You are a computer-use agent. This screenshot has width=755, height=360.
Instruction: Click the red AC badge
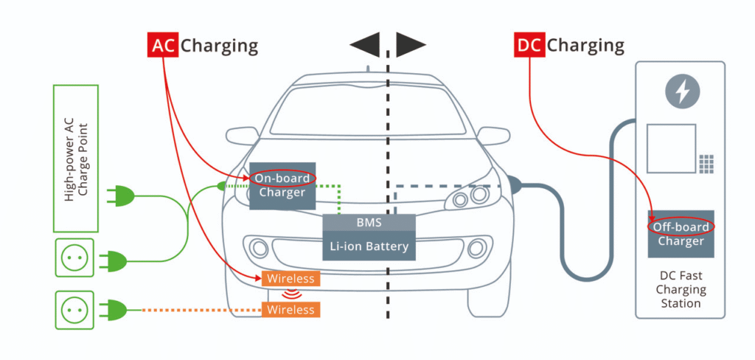point(163,45)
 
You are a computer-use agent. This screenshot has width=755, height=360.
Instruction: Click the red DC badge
point(529,45)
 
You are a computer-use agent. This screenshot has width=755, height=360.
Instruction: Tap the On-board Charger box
point(282,186)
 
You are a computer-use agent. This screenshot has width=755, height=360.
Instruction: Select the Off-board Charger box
point(681,234)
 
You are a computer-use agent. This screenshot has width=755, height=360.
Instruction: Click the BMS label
point(369,223)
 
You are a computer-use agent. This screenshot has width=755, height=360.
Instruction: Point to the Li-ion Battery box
point(369,246)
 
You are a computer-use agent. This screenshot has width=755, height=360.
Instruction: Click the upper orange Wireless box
point(290,279)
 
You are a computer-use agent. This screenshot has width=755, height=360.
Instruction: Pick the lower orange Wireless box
point(290,309)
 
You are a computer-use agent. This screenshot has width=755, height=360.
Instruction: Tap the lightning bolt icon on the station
point(682,91)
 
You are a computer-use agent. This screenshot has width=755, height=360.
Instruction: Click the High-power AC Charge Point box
point(76,159)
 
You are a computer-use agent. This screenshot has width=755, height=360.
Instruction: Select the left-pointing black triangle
point(365,44)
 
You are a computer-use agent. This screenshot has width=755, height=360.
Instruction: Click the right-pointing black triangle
point(411,44)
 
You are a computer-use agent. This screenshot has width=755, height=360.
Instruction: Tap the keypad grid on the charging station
point(706,164)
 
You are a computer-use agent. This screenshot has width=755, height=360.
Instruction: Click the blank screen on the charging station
point(671,148)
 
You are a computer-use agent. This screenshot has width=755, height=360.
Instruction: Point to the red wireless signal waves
point(290,294)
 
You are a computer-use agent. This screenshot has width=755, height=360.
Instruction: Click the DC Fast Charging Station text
point(681,289)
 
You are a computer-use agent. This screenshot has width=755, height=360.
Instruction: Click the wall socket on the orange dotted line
point(74,310)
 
